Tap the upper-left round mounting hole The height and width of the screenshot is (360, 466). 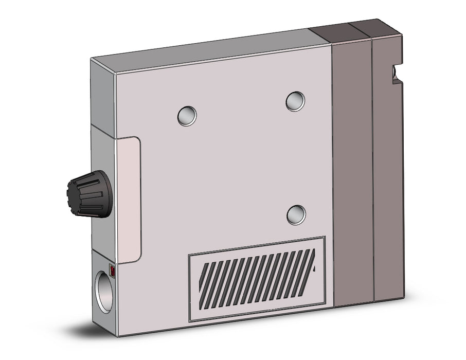[x=187, y=115]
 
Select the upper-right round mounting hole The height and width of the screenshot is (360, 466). [x=295, y=101]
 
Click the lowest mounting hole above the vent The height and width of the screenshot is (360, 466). [x=296, y=214]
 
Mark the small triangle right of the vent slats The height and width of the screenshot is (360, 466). [x=314, y=268]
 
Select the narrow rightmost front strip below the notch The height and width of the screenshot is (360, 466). [x=388, y=195]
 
